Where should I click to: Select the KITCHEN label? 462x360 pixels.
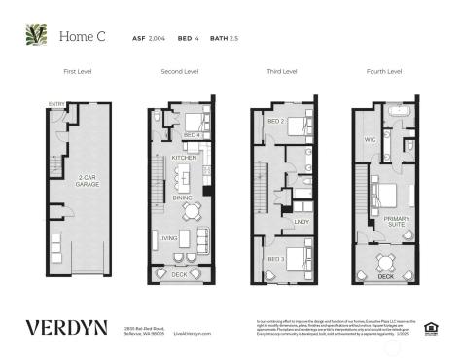tap(184, 157)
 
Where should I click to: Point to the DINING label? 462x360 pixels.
tap(182, 198)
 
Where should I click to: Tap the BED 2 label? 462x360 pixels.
tap(275, 122)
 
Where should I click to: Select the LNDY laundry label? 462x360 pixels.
tap(301, 222)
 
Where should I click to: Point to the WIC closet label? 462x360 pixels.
tap(370, 140)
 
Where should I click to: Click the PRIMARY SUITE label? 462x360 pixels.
tap(396, 222)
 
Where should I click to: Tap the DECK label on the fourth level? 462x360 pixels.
tap(385, 277)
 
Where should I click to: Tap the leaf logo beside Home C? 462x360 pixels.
tap(37, 35)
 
